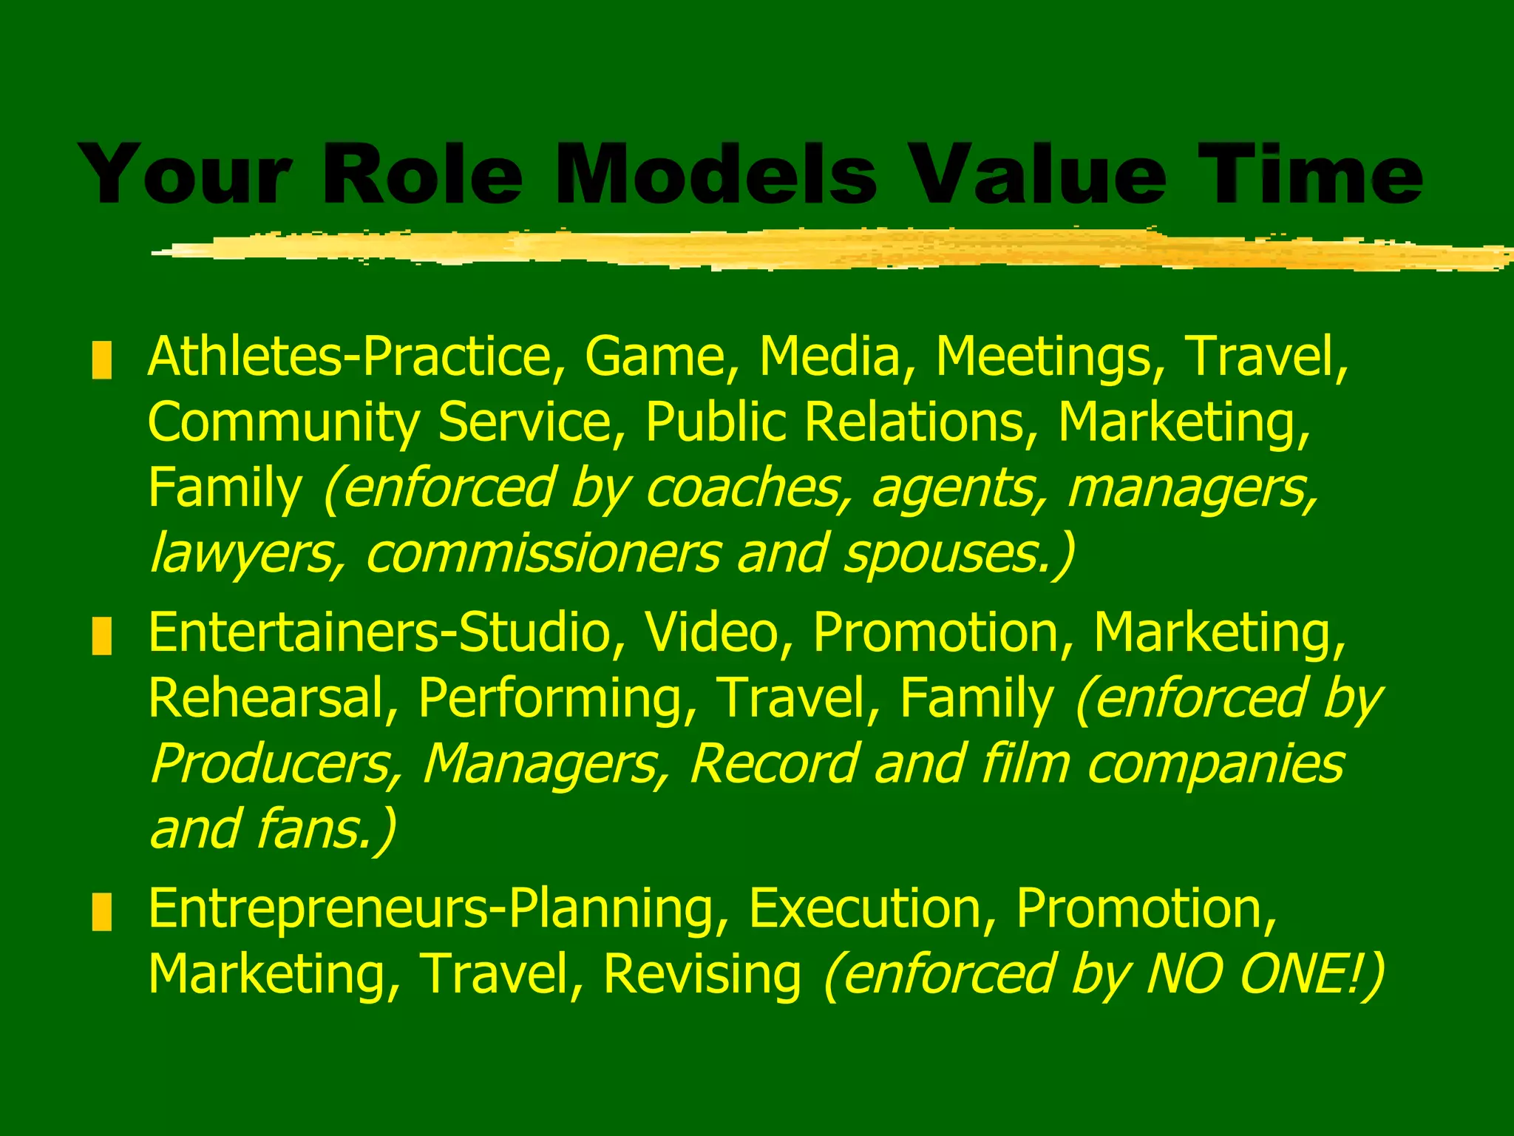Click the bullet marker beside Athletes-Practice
[101, 360]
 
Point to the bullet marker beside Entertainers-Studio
[101, 636]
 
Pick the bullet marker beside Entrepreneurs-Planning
[101, 912]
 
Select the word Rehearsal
[267, 699]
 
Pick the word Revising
[702, 975]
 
